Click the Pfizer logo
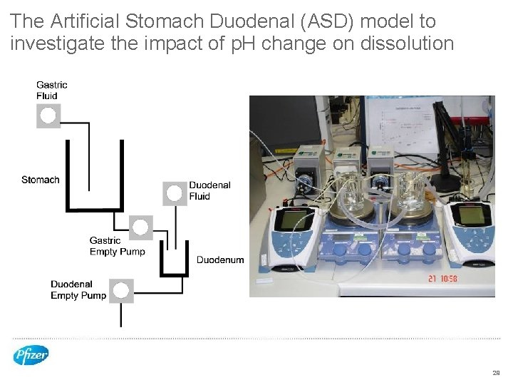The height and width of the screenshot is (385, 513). coord(31,355)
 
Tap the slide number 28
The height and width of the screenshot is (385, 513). coord(496,373)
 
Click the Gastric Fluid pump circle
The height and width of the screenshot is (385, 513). coord(48,116)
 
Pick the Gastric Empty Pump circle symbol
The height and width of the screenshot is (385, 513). coord(140,227)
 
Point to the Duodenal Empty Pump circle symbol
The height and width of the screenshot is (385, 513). coord(121,290)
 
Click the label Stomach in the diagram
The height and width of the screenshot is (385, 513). coord(41,180)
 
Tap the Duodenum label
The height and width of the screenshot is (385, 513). coord(220,260)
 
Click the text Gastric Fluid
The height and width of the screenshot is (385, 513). coord(52,91)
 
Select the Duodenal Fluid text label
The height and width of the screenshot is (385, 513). coord(209,190)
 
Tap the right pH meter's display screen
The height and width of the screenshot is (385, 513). coord(470,217)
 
